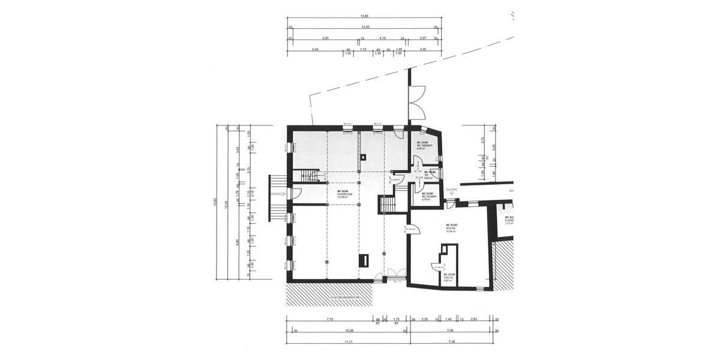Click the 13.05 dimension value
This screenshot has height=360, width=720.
[365, 28]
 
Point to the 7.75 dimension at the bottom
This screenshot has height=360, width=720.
[329, 320]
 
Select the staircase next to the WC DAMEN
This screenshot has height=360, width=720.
[387, 205]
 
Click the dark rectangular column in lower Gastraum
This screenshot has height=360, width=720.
[364, 260]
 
